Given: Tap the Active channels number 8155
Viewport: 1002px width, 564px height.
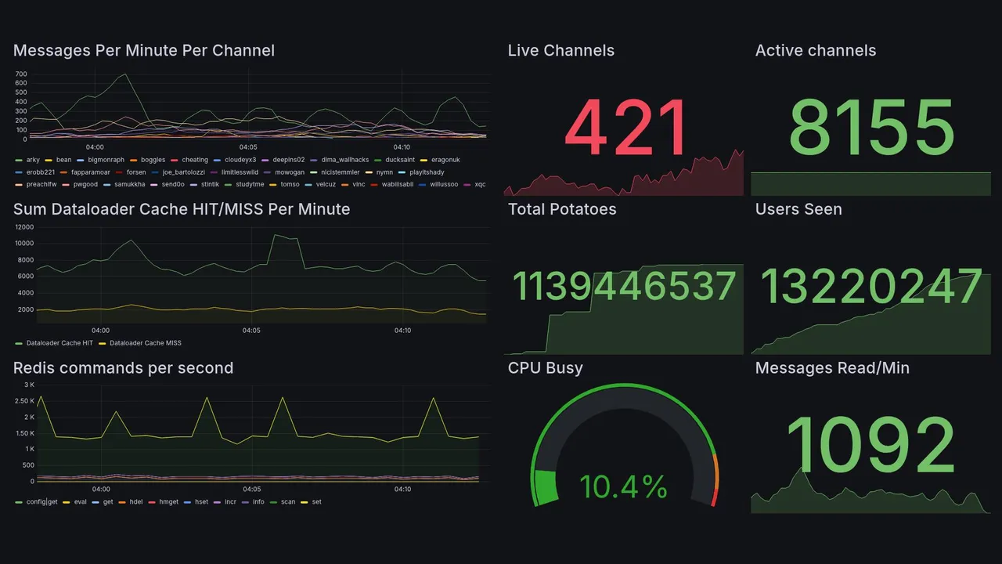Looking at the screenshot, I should [x=871, y=128].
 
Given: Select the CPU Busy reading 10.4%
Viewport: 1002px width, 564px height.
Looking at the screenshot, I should [x=623, y=487].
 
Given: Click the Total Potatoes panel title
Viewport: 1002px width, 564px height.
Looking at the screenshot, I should [x=562, y=209].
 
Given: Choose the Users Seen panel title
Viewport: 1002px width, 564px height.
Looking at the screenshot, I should [x=798, y=209].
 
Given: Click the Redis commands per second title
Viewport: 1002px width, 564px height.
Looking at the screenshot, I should [x=123, y=368].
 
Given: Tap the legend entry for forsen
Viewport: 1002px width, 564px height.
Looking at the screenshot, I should [x=135, y=172].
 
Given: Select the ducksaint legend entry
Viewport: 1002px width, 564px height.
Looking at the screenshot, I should [x=400, y=160].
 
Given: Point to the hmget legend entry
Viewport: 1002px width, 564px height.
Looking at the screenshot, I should [x=168, y=502].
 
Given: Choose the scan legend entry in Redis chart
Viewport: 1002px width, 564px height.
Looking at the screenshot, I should [x=288, y=502].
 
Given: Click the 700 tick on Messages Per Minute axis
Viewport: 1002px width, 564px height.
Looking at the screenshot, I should [x=21, y=74].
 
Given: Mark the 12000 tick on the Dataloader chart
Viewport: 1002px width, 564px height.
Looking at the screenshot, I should [x=23, y=227].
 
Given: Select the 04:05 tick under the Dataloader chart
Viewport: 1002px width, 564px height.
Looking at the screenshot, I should [x=251, y=331].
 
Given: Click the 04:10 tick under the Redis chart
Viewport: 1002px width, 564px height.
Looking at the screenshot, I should [x=402, y=490].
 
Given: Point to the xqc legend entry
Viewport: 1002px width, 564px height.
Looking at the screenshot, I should [x=479, y=185].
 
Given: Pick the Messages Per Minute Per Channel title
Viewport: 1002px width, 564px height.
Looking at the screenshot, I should [x=144, y=51].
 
